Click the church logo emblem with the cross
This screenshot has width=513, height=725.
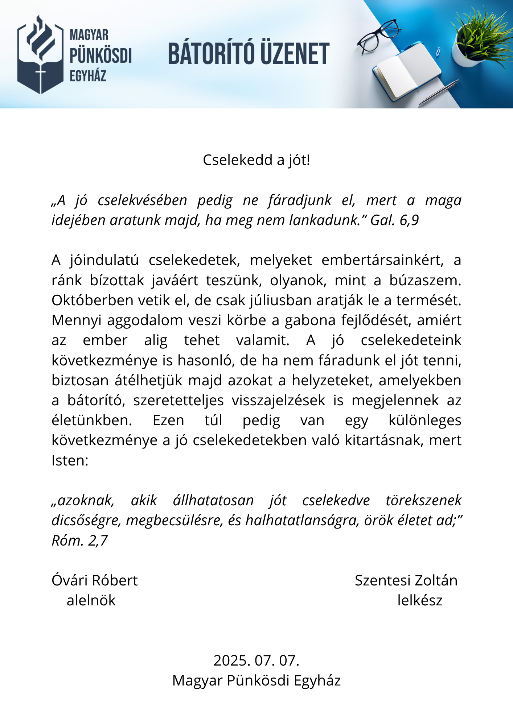[40, 54]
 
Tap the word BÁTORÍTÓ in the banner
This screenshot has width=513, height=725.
[210, 54]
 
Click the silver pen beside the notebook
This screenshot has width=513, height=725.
[439, 93]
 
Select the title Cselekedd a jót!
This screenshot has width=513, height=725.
[256, 160]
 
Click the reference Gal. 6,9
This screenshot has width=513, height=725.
[395, 220]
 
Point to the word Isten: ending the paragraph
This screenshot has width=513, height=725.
[70, 460]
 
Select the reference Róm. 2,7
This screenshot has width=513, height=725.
[80, 540]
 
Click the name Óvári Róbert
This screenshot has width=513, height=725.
[95, 580]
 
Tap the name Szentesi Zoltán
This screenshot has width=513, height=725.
[406, 580]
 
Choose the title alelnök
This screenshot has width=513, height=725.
[91, 600]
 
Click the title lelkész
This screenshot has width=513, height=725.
[420, 600]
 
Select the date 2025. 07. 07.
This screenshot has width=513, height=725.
[256, 660]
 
